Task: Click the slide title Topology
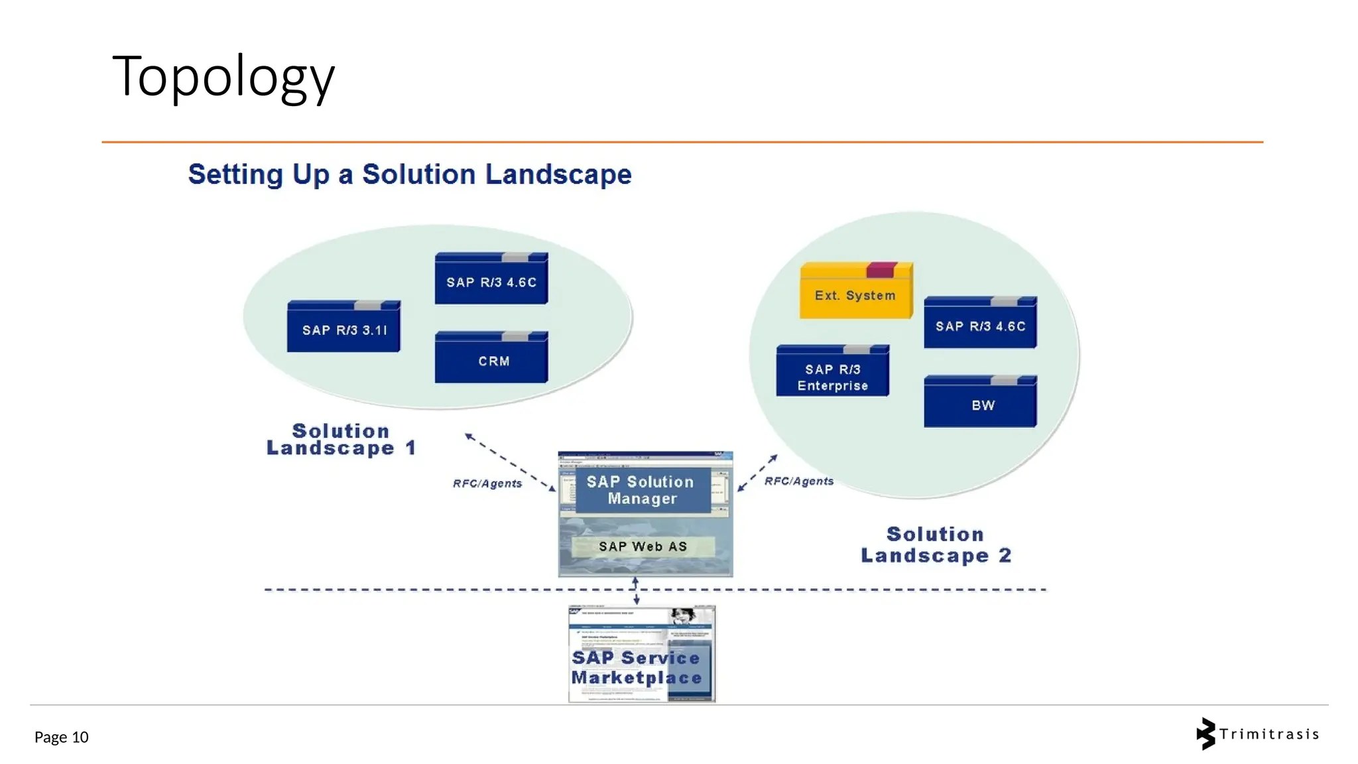pyautogui.click(x=223, y=77)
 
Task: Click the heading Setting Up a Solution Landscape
pyautogui.click(x=409, y=174)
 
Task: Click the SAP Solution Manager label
pyautogui.click(x=641, y=490)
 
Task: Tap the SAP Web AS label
pyautogui.click(x=643, y=546)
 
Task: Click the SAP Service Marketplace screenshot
pyautogui.click(x=641, y=654)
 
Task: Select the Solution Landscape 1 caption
pyautogui.click(x=341, y=440)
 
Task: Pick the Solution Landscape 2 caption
pyautogui.click(x=936, y=544)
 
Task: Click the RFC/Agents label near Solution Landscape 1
pyautogui.click(x=487, y=483)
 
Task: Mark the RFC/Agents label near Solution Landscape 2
pyautogui.click(x=798, y=481)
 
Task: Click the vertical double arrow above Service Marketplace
pyautogui.click(x=636, y=590)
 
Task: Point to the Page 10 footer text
pyautogui.click(x=61, y=737)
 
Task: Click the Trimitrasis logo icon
pyautogui.click(x=1205, y=733)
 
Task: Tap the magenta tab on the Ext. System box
pyautogui.click(x=881, y=269)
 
